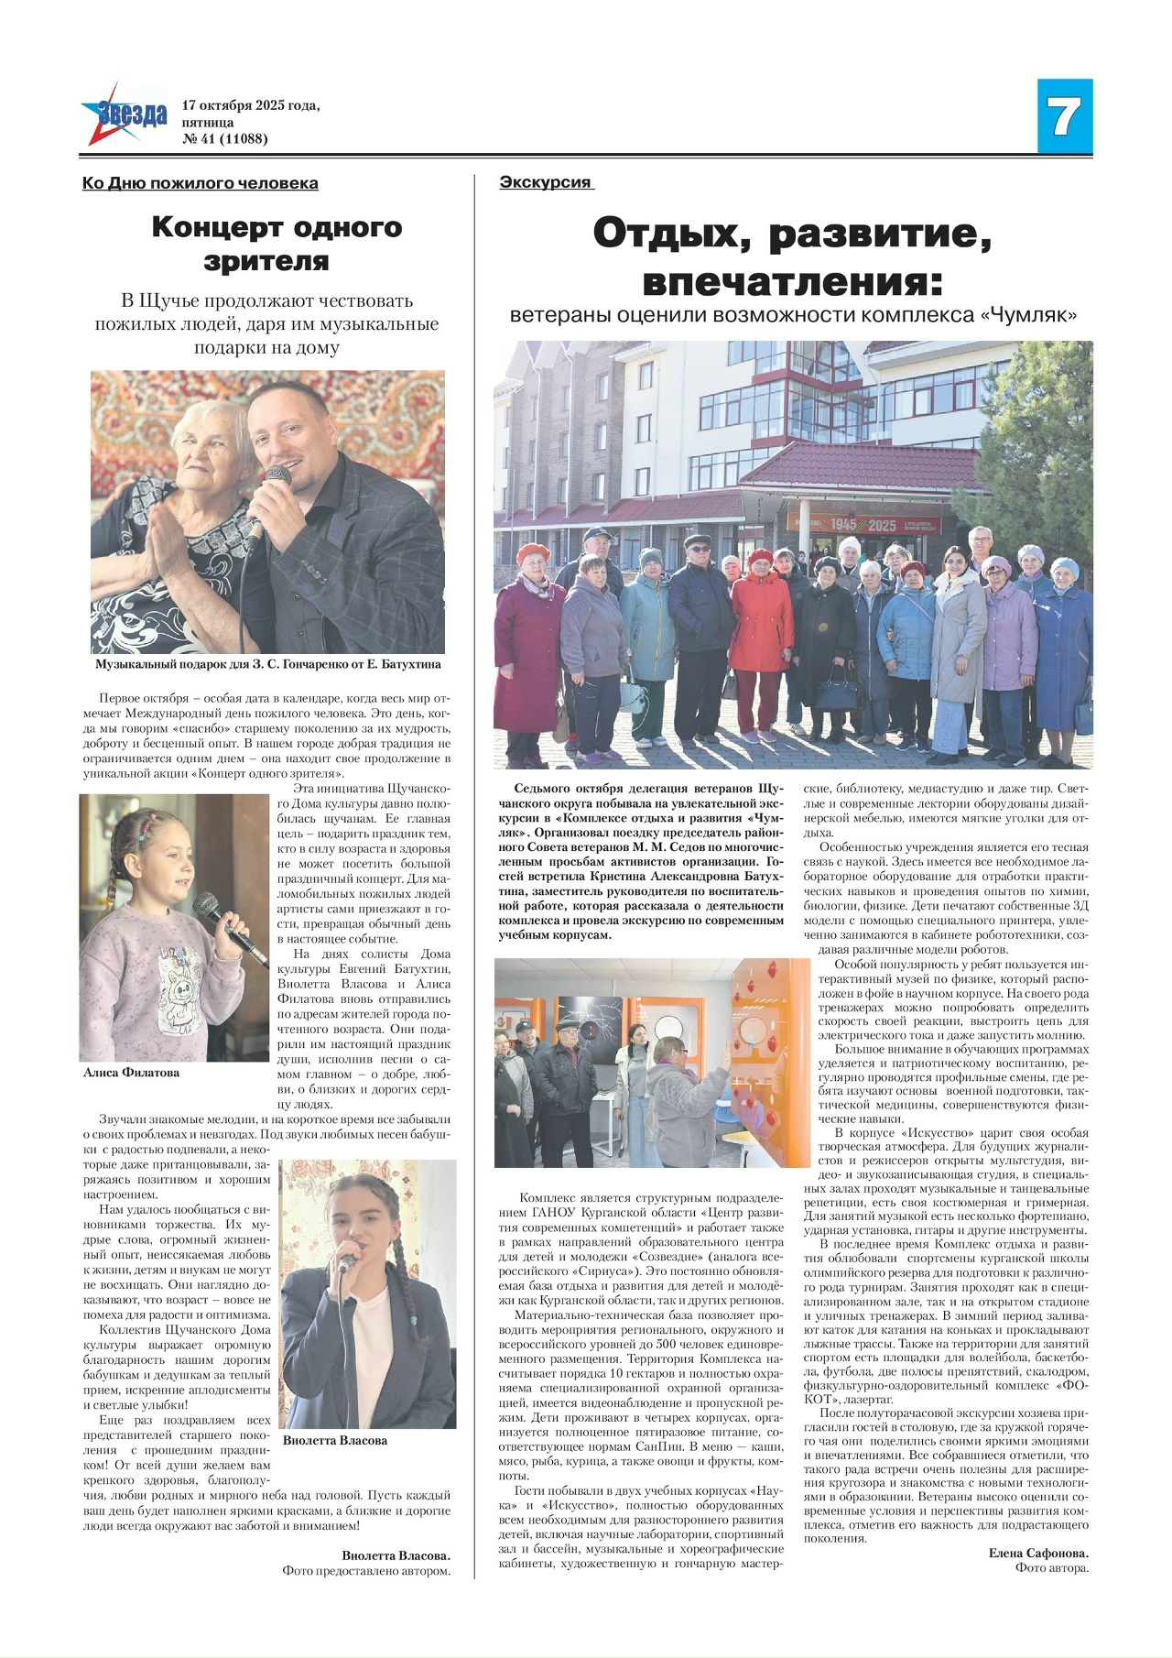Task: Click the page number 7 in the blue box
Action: click(x=1064, y=116)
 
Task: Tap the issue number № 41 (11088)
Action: click(x=225, y=139)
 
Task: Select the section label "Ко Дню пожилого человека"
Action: click(x=201, y=183)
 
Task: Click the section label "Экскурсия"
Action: click(x=546, y=182)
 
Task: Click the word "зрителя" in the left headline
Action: click(x=266, y=261)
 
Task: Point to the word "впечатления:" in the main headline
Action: click(x=792, y=280)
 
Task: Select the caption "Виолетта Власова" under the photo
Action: click(x=335, y=1440)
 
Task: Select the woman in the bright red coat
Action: click(x=761, y=641)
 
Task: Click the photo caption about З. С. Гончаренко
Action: click(x=267, y=664)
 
